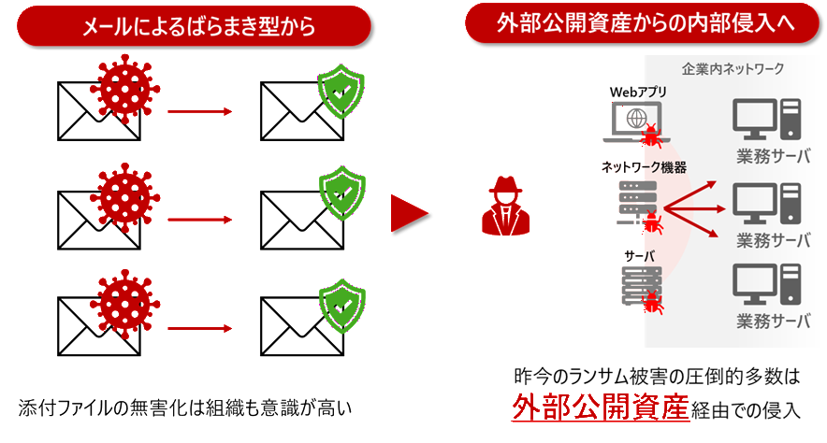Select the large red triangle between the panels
(409, 214)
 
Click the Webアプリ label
(640, 92)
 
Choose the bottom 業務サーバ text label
(773, 321)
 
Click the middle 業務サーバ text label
(773, 237)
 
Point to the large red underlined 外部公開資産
(600, 408)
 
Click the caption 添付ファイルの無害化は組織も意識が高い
(188, 408)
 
